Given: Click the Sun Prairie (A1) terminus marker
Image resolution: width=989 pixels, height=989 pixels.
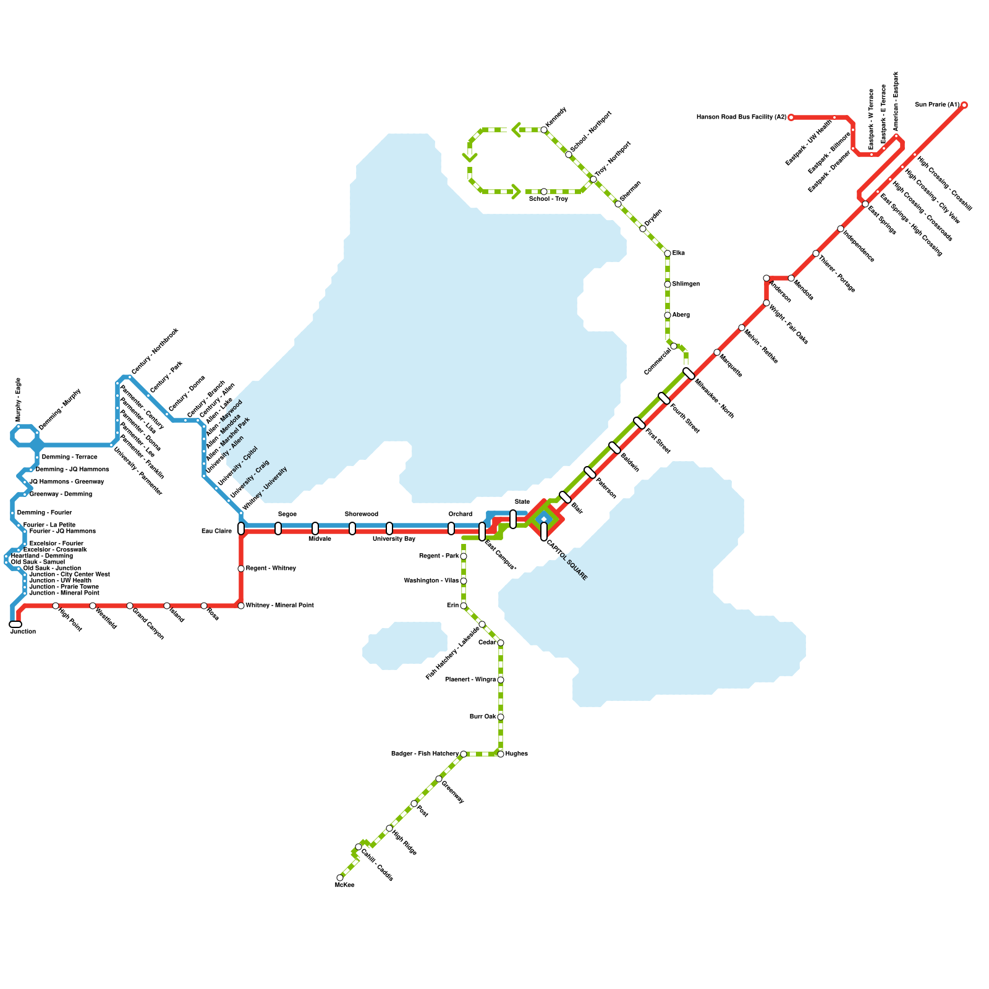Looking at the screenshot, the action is point(964,105).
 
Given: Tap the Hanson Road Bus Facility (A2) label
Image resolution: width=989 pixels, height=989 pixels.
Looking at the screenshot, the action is point(741,117).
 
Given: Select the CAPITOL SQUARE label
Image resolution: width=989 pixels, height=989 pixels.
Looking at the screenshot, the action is point(567,561).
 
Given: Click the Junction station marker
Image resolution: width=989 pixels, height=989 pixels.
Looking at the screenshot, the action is point(15,624).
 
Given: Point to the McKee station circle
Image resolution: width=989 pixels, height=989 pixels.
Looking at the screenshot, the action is point(340,878).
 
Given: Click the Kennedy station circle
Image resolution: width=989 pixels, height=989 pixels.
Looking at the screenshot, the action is point(544,130).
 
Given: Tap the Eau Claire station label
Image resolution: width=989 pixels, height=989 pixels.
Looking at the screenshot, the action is point(216,531).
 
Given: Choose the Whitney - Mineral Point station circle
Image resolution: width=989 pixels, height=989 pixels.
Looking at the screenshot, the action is point(241,606).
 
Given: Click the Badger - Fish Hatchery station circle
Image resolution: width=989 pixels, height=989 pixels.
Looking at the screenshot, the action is point(464,754).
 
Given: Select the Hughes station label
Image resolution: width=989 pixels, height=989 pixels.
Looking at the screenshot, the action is point(517,754).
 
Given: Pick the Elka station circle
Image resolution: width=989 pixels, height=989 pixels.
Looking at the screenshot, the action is point(668,253).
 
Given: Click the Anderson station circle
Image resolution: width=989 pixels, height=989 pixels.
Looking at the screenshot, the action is point(766,278).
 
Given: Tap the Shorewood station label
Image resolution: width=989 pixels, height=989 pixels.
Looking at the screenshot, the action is point(361,514).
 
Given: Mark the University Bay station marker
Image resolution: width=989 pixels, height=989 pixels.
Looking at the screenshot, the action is point(389,528).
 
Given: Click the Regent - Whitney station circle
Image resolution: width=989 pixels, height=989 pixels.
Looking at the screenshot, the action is point(241,569).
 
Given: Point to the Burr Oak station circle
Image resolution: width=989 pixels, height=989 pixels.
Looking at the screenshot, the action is point(501,717).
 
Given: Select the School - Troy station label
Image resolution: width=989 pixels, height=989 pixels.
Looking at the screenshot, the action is point(548,199).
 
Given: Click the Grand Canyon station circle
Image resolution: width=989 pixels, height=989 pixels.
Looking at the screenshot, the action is point(130,606).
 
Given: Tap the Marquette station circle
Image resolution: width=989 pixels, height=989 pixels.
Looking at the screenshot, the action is point(717,352).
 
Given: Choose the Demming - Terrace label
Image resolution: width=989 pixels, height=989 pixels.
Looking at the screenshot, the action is point(69,457).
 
